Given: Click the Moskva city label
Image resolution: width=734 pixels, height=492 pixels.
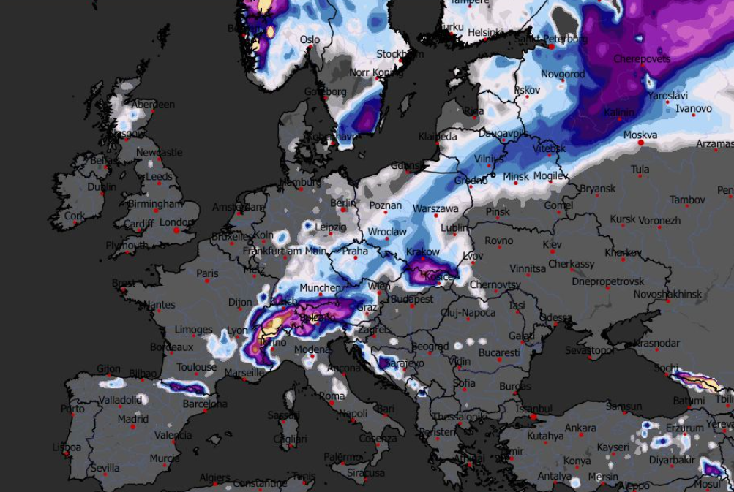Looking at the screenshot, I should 640,135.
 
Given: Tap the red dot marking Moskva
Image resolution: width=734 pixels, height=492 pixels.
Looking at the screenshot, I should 641,143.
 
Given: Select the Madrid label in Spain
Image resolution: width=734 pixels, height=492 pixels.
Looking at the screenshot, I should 132,419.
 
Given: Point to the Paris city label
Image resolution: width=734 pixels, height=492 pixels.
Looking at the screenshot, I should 207,273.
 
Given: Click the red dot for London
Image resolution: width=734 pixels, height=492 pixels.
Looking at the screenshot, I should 176,231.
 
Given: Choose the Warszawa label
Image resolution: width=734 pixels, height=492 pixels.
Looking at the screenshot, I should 435,208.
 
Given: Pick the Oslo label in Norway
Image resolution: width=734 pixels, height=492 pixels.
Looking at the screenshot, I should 310,39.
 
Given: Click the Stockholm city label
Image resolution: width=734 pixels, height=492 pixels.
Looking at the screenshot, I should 400,54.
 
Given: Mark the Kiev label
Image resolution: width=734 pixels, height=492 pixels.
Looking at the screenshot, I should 552,243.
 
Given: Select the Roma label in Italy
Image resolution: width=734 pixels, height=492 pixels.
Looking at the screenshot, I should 332,396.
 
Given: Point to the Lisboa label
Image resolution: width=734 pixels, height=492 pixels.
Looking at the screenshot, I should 67,447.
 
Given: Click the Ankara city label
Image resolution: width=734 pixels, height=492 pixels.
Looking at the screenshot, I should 580,428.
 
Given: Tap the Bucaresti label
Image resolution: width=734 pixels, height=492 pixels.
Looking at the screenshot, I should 499,352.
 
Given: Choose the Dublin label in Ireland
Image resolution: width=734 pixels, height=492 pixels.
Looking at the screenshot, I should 101,186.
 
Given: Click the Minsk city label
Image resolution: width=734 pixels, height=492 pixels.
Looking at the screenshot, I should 515,176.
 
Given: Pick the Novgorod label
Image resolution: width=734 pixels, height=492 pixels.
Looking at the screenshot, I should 563,74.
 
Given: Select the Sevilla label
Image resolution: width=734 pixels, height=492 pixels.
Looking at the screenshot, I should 105,468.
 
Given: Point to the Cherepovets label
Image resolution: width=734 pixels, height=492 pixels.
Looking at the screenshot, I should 641,58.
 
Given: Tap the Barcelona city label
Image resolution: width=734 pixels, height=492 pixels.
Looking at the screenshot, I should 205,403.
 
